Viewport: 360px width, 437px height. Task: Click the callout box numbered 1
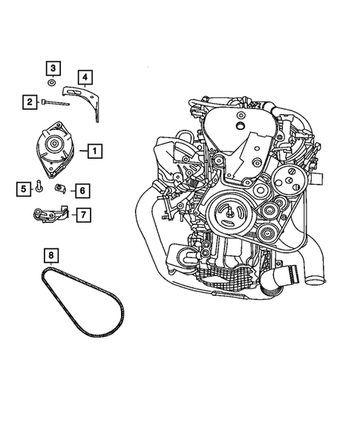pos(94,151)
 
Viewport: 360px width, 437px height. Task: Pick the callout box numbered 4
pos(85,77)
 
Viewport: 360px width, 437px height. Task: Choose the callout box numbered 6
pos(82,191)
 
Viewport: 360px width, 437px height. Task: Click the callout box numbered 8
pos(50,257)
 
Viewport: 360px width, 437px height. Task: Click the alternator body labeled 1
pos(56,150)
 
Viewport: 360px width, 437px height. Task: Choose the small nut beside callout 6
pos(61,188)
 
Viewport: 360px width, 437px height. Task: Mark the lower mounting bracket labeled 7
pos(49,215)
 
